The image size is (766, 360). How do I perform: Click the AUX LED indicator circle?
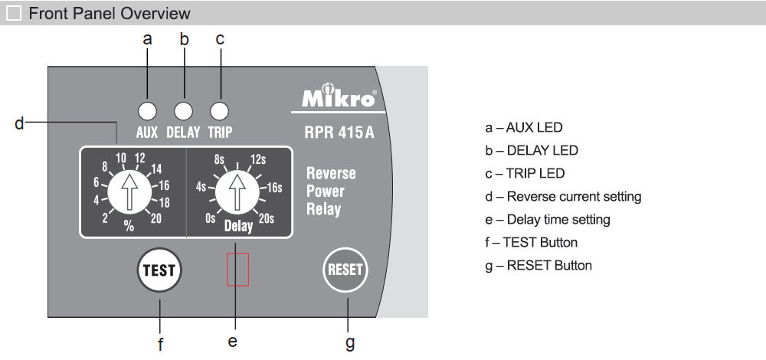pyautogui.click(x=147, y=110)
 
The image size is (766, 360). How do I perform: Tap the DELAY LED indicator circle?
pyautogui.click(x=183, y=110)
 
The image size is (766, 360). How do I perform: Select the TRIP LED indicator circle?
pyautogui.click(x=220, y=110)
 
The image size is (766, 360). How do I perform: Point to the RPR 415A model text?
pyautogui.click(x=339, y=131)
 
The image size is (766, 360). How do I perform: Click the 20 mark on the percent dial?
pyautogui.click(x=156, y=218)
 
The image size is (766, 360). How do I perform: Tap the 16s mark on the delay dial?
pyautogui.click(x=273, y=186)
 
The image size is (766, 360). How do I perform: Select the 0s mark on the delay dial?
pyautogui.click(x=211, y=218)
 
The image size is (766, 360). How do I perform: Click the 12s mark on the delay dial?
pyautogui.click(x=258, y=160)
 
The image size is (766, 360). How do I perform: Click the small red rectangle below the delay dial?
pyautogui.click(x=237, y=269)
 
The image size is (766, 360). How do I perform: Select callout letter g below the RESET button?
pyautogui.click(x=350, y=342)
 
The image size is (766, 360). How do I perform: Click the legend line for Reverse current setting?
pyautogui.click(x=563, y=197)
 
